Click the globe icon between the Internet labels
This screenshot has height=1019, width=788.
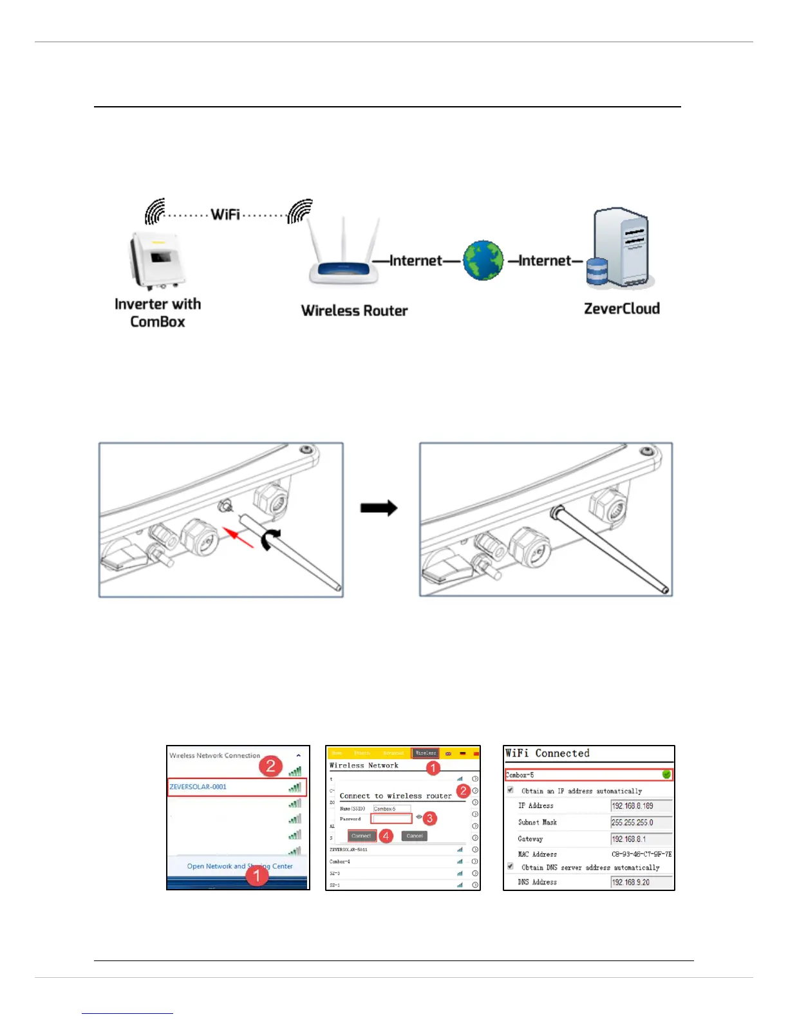[483, 261]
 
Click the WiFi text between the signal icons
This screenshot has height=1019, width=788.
[225, 214]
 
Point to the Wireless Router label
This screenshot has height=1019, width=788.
[354, 311]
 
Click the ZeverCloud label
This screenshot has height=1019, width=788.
[621, 309]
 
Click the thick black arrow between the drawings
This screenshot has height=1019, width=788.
[379, 508]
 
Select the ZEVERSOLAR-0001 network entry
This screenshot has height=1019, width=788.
[198, 787]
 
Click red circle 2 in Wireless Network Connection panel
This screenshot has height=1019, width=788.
[270, 766]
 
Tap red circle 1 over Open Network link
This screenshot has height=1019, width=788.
[257, 875]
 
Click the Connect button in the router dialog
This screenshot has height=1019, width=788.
[361, 836]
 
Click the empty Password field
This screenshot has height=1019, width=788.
[391, 819]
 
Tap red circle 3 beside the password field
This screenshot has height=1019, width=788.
[430, 818]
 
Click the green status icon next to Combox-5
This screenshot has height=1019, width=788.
[666, 775]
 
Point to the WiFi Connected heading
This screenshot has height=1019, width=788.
[547, 753]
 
